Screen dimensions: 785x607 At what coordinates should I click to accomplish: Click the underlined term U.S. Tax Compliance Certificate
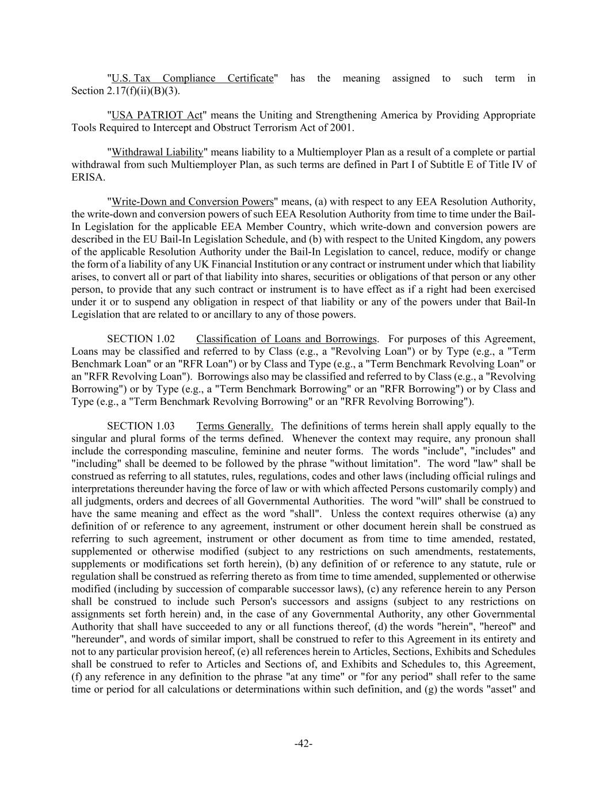[x=192, y=78]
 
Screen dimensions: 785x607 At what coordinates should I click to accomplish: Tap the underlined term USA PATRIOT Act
[x=156, y=115]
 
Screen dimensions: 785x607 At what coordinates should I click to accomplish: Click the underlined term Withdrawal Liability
[x=157, y=152]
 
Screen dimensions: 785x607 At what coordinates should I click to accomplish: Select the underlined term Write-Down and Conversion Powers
[x=192, y=202]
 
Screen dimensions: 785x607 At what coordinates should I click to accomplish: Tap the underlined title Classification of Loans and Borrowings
[x=287, y=339]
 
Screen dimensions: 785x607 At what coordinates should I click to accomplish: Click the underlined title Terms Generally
[x=234, y=426]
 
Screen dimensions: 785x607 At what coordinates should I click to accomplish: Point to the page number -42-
[x=303, y=744]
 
